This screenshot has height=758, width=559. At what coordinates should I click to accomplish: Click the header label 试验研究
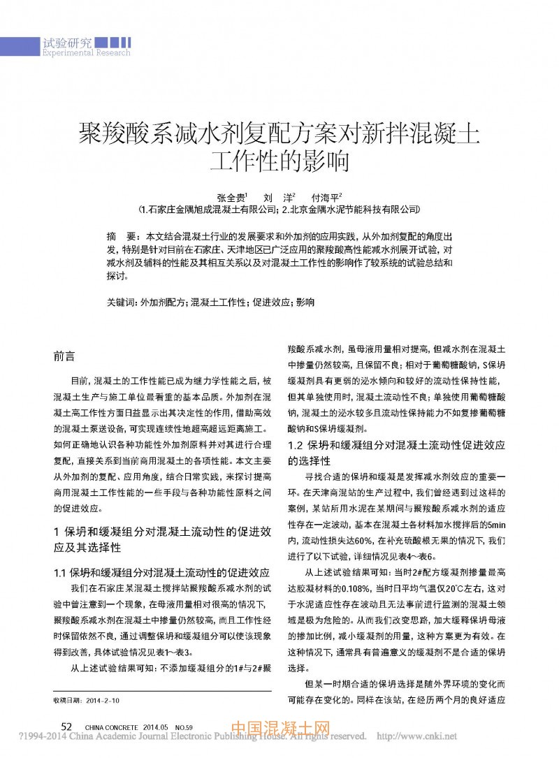pos(68,42)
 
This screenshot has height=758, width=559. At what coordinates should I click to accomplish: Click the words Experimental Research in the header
pos(87,52)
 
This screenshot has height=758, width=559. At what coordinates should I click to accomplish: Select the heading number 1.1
pos(61,573)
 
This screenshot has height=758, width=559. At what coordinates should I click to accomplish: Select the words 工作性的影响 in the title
pos(279,161)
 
